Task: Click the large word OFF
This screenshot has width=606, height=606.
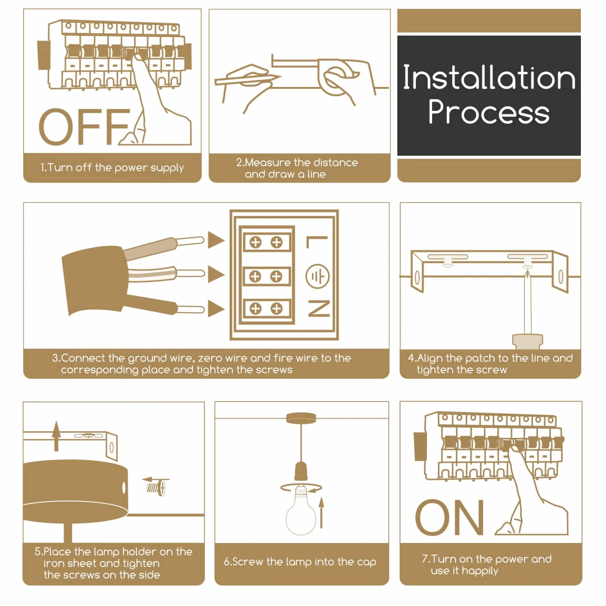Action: [x=84, y=127]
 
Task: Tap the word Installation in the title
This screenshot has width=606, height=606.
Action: [x=489, y=77]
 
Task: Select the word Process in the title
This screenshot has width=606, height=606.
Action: [x=489, y=112]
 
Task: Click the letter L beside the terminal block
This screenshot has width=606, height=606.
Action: [x=317, y=242]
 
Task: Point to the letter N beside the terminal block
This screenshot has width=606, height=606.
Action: [x=319, y=308]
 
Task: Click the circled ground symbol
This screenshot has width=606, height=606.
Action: [x=317, y=277]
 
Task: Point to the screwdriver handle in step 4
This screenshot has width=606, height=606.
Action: [x=527, y=341]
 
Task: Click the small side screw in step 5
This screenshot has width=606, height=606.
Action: [x=156, y=488]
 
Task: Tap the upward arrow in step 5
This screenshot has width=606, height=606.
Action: [x=56, y=436]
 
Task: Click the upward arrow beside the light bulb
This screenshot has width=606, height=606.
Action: [x=321, y=513]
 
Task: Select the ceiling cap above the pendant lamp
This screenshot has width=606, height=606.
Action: [x=301, y=418]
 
